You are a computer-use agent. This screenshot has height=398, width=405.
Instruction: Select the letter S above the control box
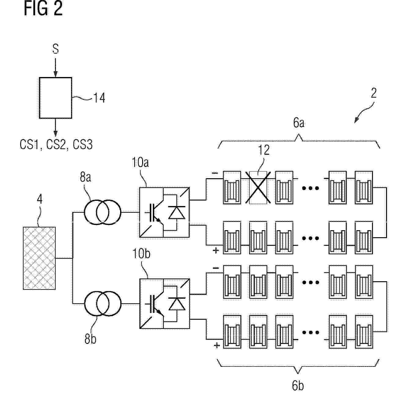click(56, 49)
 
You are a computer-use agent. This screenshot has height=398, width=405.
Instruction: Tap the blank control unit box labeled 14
click(56, 98)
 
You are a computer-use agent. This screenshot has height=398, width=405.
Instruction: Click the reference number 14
click(99, 98)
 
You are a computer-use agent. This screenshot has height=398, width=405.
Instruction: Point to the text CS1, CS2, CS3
click(56, 145)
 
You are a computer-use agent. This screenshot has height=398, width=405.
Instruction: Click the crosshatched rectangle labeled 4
click(39, 258)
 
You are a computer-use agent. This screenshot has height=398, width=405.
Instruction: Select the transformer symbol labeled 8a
click(103, 212)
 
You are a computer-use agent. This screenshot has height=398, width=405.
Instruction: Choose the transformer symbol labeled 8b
click(103, 303)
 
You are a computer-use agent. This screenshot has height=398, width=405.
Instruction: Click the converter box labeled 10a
click(164, 212)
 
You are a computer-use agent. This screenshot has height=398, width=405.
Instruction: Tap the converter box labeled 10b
click(164, 304)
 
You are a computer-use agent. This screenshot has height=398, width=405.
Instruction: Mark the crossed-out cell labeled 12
click(258, 188)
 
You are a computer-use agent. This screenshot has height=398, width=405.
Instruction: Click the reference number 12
click(264, 150)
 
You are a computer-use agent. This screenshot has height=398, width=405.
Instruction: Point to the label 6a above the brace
click(299, 123)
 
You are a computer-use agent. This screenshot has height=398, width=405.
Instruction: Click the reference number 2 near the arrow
click(374, 93)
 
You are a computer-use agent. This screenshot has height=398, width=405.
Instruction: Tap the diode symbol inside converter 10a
click(177, 212)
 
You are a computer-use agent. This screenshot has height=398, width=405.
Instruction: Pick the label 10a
click(140, 162)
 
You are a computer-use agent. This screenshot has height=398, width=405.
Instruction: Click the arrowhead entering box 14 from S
click(56, 74)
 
